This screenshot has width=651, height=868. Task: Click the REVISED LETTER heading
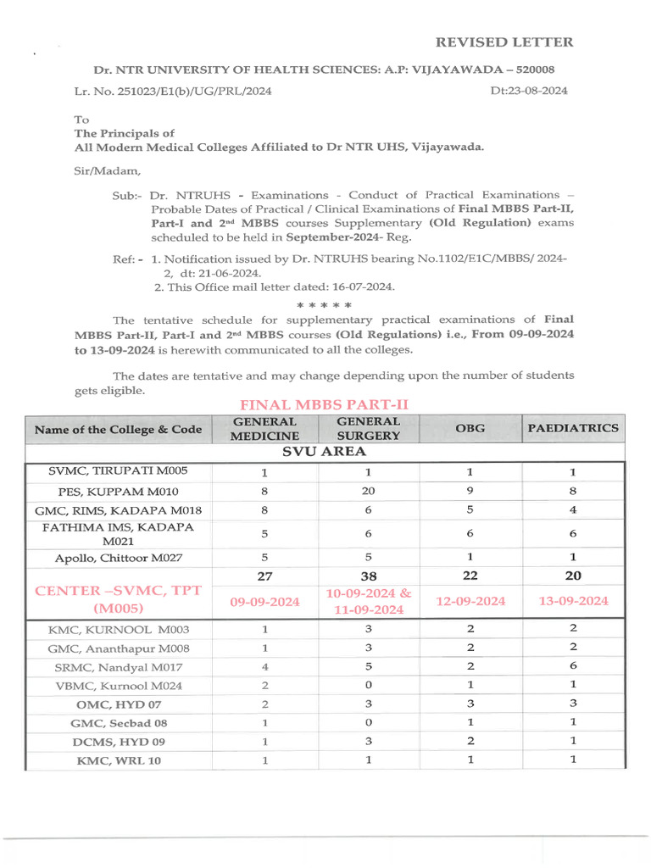[x=504, y=42]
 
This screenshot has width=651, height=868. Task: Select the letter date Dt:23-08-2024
[x=529, y=91]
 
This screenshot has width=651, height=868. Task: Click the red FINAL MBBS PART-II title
[x=324, y=405]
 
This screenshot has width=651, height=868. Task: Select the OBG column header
[x=470, y=428]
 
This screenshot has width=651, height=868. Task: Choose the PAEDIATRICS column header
[x=573, y=428]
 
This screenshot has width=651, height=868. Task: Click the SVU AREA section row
[x=325, y=452]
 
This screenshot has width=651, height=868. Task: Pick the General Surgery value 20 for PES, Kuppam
[x=369, y=491]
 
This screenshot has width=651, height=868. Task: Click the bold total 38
[x=369, y=576]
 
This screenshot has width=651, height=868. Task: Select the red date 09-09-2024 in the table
[x=265, y=601]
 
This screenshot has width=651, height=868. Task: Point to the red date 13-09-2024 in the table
[x=574, y=601]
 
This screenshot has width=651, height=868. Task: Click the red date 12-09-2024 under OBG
[x=470, y=601]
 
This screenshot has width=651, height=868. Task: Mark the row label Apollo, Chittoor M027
[x=119, y=557]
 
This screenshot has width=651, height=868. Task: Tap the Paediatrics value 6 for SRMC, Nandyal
[x=573, y=667]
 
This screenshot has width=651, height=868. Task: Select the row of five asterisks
[x=324, y=304]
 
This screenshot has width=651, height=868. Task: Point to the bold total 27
[x=265, y=576]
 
